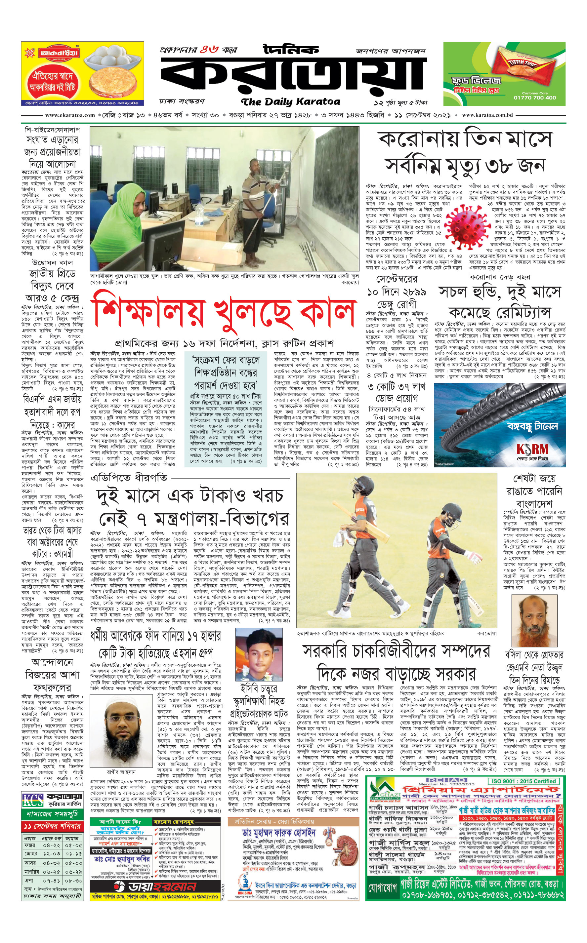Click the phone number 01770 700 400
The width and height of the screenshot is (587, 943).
click(x=535, y=98)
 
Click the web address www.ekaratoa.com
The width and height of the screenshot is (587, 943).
click(x=70, y=115)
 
